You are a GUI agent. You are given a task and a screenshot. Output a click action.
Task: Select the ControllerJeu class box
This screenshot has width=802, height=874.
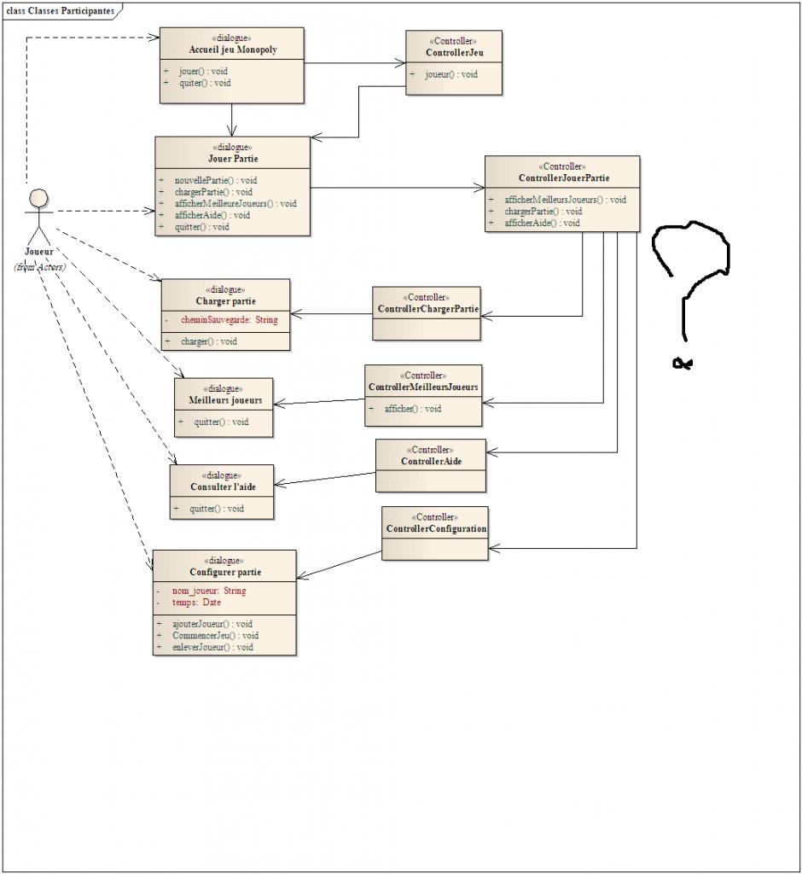coord(453,62)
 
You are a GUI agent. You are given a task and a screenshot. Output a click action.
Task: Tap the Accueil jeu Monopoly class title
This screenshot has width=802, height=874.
coord(232,50)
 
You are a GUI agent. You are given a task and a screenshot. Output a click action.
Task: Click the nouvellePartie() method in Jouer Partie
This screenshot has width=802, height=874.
coord(215,180)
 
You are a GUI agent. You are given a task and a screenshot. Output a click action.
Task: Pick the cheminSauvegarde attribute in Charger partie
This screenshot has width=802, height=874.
coord(229,320)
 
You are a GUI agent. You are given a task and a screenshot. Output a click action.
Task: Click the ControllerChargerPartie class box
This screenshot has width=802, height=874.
coord(427,314)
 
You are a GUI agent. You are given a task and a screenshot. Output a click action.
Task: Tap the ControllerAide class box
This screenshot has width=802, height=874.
coord(431,465)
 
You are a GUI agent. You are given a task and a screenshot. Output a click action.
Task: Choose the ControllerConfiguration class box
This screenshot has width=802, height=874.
coord(435,533)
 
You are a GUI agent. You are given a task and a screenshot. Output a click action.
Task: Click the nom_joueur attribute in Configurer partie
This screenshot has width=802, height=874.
coord(208,591)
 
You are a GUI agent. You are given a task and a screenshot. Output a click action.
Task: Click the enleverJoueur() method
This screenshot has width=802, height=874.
coord(212,647)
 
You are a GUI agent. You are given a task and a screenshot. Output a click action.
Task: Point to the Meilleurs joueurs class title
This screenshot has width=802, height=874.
coord(224,400)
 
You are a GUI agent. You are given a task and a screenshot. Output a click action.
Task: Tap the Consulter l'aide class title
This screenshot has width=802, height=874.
coord(222,487)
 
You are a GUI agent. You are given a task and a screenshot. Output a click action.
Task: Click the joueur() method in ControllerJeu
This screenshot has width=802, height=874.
coord(451,74)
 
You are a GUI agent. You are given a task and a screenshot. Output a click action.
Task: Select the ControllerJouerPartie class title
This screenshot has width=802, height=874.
coord(563,178)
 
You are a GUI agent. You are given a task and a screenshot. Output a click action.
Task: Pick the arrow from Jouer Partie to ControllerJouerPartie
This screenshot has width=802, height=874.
coord(397,187)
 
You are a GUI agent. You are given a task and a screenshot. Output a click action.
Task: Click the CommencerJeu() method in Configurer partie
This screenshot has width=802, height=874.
coord(215,635)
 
